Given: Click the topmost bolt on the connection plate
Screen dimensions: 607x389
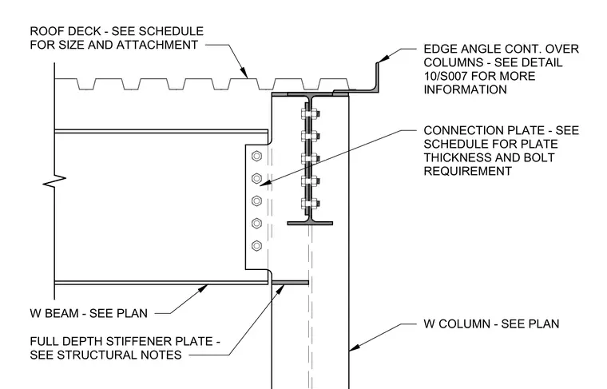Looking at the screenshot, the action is [256, 156].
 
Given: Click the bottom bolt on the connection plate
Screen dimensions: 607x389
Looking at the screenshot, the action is [256, 246].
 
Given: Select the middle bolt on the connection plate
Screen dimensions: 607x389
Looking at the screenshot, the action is [256, 200].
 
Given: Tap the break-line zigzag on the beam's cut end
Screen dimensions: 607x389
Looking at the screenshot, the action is [54, 180].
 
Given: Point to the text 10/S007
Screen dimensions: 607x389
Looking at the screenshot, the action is [445, 76].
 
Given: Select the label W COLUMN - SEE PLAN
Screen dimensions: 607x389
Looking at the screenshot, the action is [491, 324].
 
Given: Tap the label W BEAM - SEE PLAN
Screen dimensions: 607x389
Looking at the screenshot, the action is [89, 313].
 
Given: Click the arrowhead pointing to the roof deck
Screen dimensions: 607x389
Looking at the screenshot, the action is [244, 73].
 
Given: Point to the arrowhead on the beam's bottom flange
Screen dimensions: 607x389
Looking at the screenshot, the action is [202, 288].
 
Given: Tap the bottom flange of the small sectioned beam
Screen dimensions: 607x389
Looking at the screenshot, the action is [310, 223].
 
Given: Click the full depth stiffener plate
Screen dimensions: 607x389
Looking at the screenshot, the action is [290, 283].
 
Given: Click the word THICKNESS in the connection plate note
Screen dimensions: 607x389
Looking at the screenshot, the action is [452, 157].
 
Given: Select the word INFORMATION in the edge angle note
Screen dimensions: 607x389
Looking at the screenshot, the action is [465, 89].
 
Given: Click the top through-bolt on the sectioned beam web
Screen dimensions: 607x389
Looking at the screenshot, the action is [310, 114].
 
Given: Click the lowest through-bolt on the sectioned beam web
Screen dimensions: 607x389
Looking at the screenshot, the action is [310, 204].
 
